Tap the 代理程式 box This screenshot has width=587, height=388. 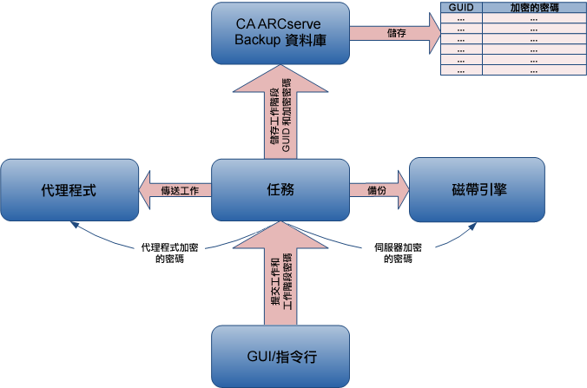pyautogui.click(x=69, y=189)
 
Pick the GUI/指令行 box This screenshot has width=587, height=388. pyautogui.click(x=280, y=357)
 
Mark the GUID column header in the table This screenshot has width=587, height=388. pyautogui.click(x=460, y=7)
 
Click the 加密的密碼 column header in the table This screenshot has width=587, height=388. pyautogui.click(x=533, y=7)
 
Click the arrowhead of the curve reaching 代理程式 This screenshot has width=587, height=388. pyautogui.click(x=75, y=225)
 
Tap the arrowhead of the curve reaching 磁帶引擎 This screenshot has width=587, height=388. pyautogui.click(x=473, y=225)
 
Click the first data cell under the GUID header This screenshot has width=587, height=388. pyautogui.click(x=460, y=17)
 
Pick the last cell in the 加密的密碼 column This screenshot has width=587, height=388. pyautogui.click(x=533, y=71)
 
